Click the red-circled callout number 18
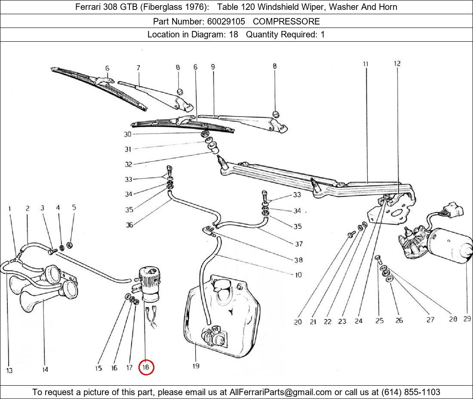click(x=146, y=368)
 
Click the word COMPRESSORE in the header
click(x=286, y=21)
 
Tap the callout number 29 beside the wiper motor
click(x=467, y=319)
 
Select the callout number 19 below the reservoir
click(x=196, y=366)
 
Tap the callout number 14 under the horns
click(x=45, y=369)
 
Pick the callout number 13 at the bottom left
click(x=9, y=371)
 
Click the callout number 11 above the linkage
click(x=365, y=64)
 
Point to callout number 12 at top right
click(x=397, y=64)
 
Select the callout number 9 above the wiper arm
click(x=212, y=67)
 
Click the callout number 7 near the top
click(x=138, y=68)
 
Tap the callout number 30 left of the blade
click(x=128, y=134)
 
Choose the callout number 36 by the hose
click(x=129, y=224)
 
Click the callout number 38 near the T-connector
click(x=298, y=260)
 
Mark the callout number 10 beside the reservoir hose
click(x=298, y=275)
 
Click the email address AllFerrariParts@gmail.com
click(x=281, y=392)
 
